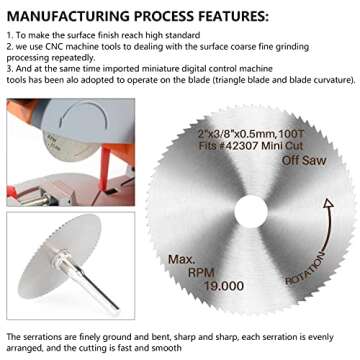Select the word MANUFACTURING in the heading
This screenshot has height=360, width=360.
pyautogui.click(x=65, y=17)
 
